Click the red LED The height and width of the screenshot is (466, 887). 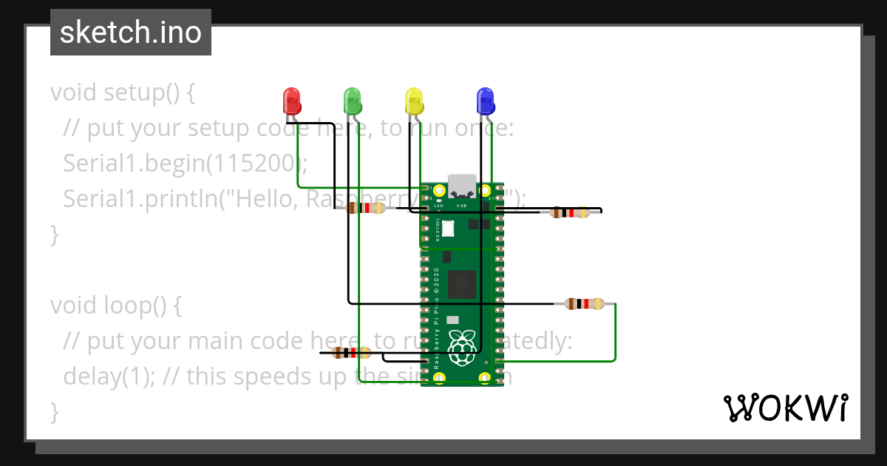[x=292, y=100]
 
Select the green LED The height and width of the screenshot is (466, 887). [x=353, y=100]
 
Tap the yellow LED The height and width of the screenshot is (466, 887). [x=414, y=100]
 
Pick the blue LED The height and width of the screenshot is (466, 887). [x=485, y=100]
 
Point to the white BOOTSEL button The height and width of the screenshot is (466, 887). [x=448, y=229]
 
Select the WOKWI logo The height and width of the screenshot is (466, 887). [x=785, y=408]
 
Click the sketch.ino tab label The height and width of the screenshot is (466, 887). [x=130, y=33]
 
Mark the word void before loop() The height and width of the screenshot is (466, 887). [x=73, y=305]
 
